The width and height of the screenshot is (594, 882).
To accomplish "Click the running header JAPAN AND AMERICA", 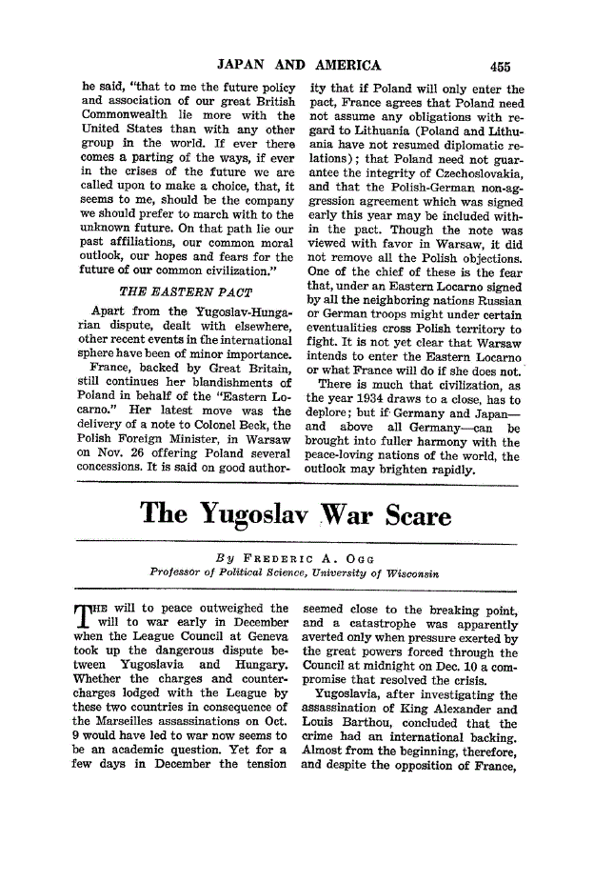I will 299,66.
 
